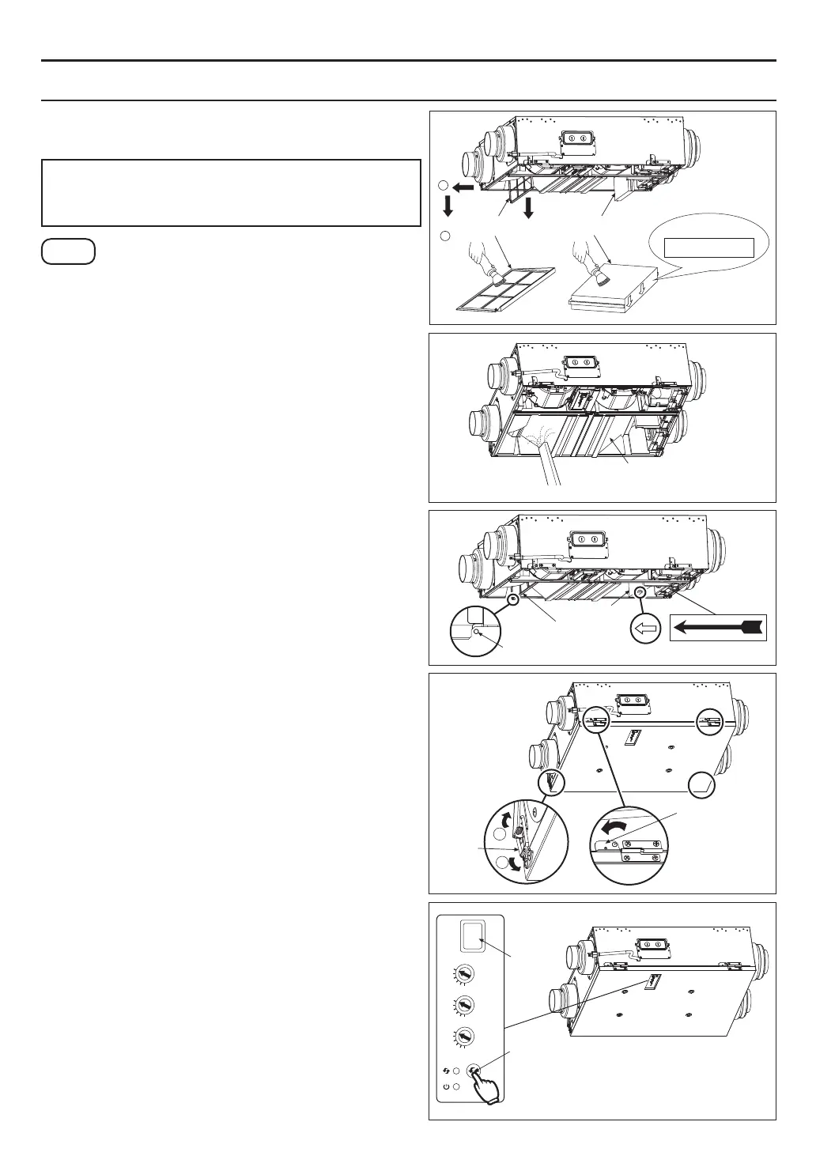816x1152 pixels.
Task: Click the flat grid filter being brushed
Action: click(506, 289)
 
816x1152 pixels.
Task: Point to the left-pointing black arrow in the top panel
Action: click(464, 187)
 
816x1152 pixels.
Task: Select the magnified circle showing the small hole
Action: click(476, 630)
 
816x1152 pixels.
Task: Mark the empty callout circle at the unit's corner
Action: click(701, 786)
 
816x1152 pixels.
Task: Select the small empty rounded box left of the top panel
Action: click(69, 251)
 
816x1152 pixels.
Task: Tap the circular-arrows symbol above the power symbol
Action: click(447, 1071)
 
